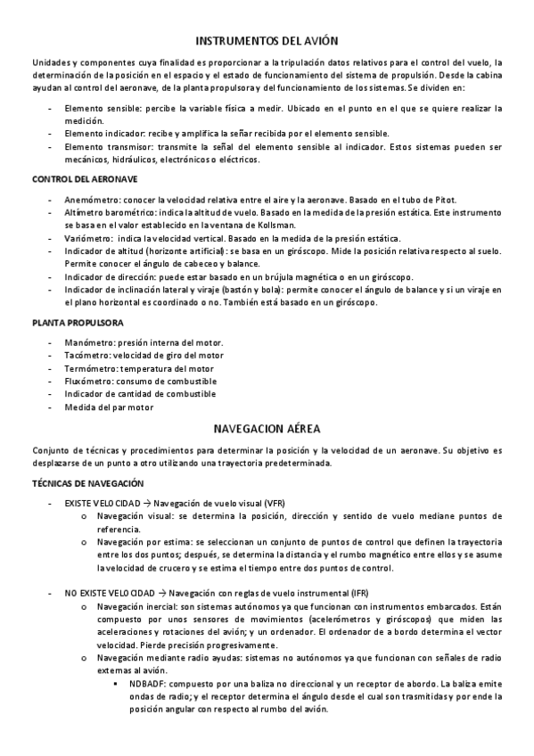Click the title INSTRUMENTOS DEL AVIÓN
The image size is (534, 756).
pyautogui.click(x=267, y=41)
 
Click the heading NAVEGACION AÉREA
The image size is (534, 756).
pyautogui.click(x=267, y=427)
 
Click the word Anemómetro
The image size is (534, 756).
pyautogui.click(x=92, y=200)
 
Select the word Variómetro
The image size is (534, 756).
pyautogui.click(x=88, y=238)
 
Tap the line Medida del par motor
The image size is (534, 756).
pyautogui.click(x=109, y=407)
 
